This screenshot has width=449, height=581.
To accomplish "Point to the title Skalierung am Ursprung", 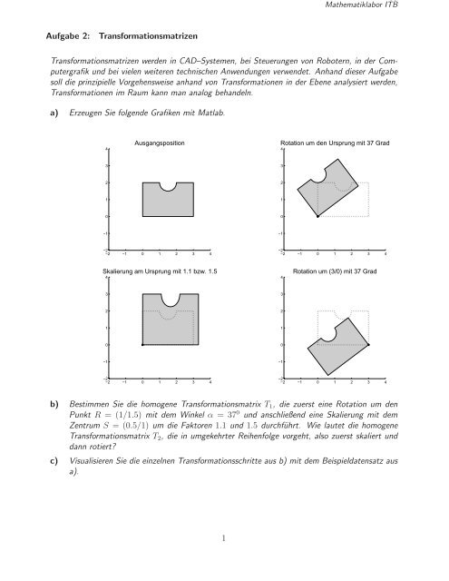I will pyautogui.click(x=160, y=271).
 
